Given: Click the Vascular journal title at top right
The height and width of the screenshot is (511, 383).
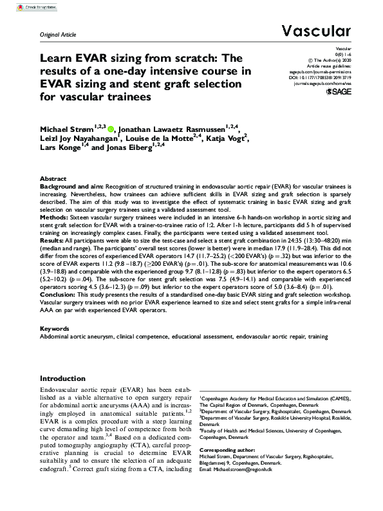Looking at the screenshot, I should click(316, 30).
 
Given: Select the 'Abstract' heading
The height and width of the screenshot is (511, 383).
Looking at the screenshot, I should click(53, 178).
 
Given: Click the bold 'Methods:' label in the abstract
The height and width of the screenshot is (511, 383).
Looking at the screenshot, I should click(54, 218).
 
